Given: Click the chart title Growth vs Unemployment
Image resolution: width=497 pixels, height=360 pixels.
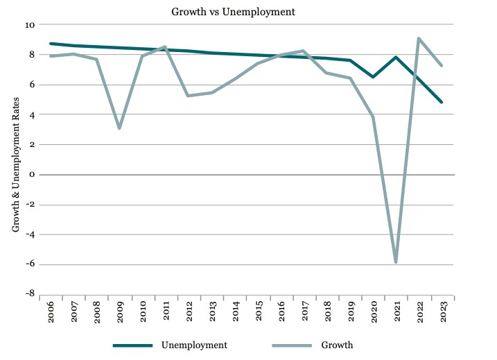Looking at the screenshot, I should click(x=247, y=11).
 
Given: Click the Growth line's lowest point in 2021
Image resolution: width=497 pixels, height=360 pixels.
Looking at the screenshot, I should click(x=396, y=262).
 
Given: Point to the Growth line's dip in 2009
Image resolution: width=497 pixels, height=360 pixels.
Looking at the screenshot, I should click(x=120, y=128).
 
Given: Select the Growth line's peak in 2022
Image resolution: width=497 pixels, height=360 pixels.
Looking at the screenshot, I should click(x=419, y=38).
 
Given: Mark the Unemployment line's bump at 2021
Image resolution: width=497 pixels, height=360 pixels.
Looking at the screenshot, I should click(x=396, y=58).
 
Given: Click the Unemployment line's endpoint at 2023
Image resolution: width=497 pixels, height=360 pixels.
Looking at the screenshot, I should click(x=442, y=102).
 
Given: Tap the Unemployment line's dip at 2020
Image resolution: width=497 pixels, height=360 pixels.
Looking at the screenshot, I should click(x=373, y=77).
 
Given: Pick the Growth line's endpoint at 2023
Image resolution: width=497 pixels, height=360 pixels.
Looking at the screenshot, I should click(x=442, y=66).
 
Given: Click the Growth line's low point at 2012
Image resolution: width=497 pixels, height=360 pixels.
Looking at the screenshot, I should click(x=189, y=96).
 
